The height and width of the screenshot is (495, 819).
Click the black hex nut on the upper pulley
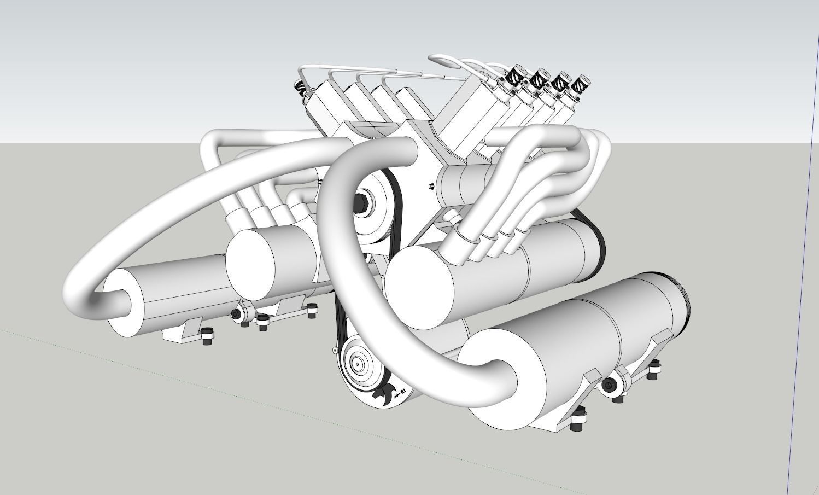coord(362,203)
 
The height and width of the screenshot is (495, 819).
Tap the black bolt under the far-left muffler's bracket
coord(208,336)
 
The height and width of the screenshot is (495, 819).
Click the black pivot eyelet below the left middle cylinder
coord(237,315)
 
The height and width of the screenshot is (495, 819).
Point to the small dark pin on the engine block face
coord(431,186)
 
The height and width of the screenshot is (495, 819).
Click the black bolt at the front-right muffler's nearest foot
coord(575,424)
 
